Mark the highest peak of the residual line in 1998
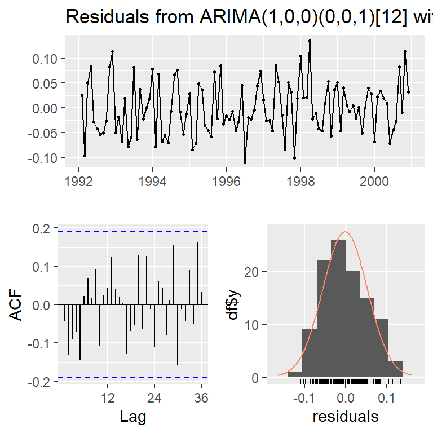[x=310, y=41]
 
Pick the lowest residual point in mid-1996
[x=245, y=162]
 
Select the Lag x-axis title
[x=133, y=418]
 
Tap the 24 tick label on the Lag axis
[x=154, y=397]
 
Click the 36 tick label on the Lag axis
[x=201, y=397]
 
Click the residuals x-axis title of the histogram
[x=345, y=418]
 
